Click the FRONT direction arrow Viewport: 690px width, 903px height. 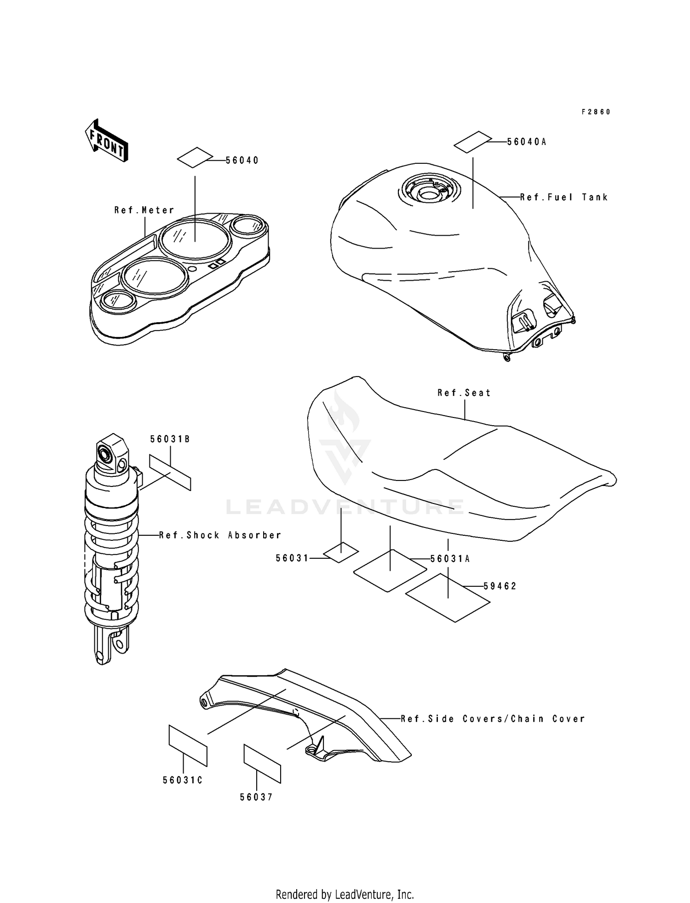tap(106, 140)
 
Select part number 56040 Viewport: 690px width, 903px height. tap(242, 160)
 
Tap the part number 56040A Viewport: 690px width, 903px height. tap(527, 142)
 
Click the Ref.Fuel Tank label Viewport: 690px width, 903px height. tap(564, 197)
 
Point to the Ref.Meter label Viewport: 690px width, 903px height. tap(144, 210)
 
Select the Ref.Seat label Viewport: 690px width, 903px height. tap(464, 393)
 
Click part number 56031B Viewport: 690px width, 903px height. tap(170, 440)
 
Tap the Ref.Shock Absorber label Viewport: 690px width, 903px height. tap(220, 535)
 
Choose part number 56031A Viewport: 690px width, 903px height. tap(450, 559)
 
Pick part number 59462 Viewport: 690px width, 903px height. tap(500, 586)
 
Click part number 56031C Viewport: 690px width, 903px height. tap(183, 780)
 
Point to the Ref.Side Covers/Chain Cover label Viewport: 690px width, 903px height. tap(493, 718)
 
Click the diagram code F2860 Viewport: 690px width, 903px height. tap(596, 112)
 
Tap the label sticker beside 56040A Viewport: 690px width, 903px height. tap(473, 142)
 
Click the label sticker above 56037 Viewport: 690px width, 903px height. tap(262, 763)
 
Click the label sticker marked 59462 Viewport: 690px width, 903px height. tap(448, 597)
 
